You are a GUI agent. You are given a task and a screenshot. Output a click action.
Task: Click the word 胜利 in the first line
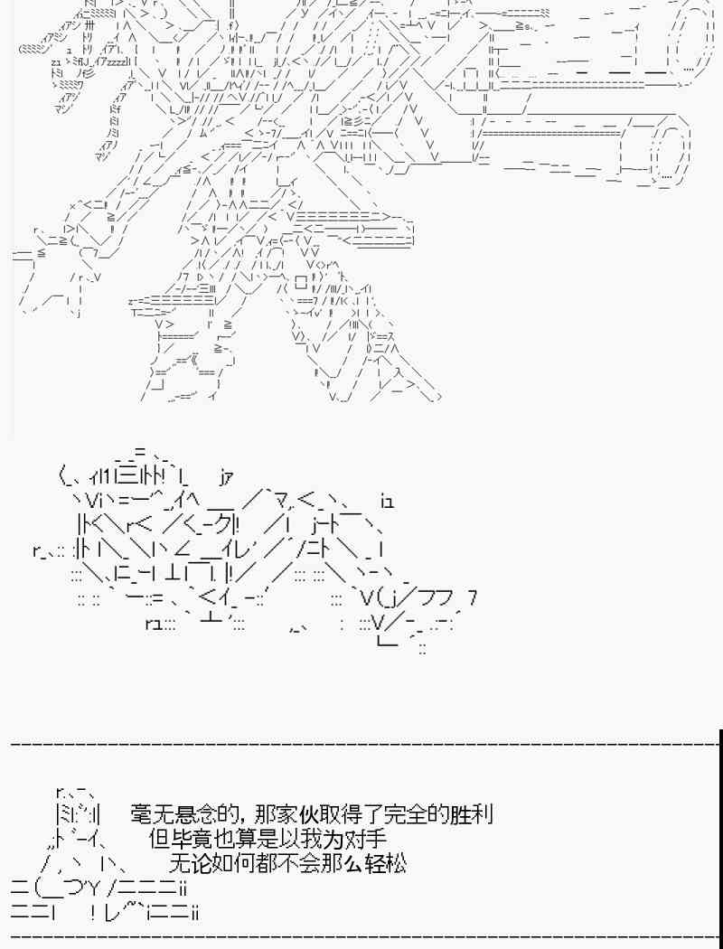[471, 814]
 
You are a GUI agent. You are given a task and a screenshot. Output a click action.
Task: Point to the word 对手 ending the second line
[365, 839]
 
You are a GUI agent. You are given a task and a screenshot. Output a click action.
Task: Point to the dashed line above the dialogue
[363, 742]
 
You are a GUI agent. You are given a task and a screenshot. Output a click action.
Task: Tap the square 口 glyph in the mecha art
[301, 281]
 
